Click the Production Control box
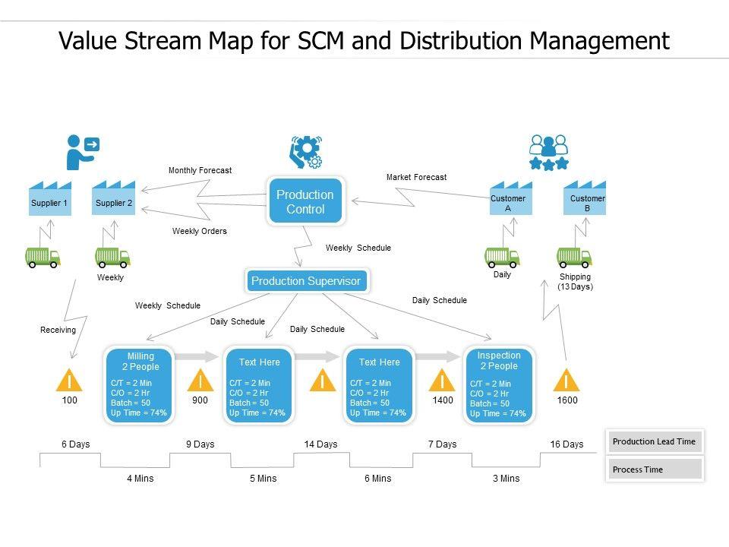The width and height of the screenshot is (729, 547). (x=305, y=201)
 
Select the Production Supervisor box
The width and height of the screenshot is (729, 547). (x=306, y=281)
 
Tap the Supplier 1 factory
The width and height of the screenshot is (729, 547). (x=49, y=200)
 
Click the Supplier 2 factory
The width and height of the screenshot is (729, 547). (x=114, y=200)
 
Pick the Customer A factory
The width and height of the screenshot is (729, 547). (x=510, y=200)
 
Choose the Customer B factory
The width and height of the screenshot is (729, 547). (x=585, y=200)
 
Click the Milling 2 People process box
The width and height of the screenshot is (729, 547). (x=140, y=385)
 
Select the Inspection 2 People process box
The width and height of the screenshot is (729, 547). (x=499, y=385)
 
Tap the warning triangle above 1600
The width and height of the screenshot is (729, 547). (x=566, y=380)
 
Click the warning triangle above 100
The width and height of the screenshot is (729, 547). (x=70, y=380)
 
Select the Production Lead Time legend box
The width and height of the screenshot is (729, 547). (x=655, y=441)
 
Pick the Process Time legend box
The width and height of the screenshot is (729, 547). (x=655, y=470)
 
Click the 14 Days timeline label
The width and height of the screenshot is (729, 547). (x=320, y=444)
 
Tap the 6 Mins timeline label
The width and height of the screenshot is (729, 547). (x=377, y=479)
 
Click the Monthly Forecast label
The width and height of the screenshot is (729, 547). (x=200, y=171)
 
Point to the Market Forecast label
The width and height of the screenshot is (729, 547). (x=416, y=177)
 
